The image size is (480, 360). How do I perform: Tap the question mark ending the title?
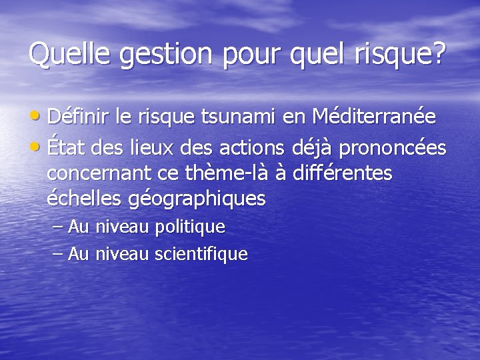pos(437,54)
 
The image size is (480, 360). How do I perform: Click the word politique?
pos(189,227)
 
